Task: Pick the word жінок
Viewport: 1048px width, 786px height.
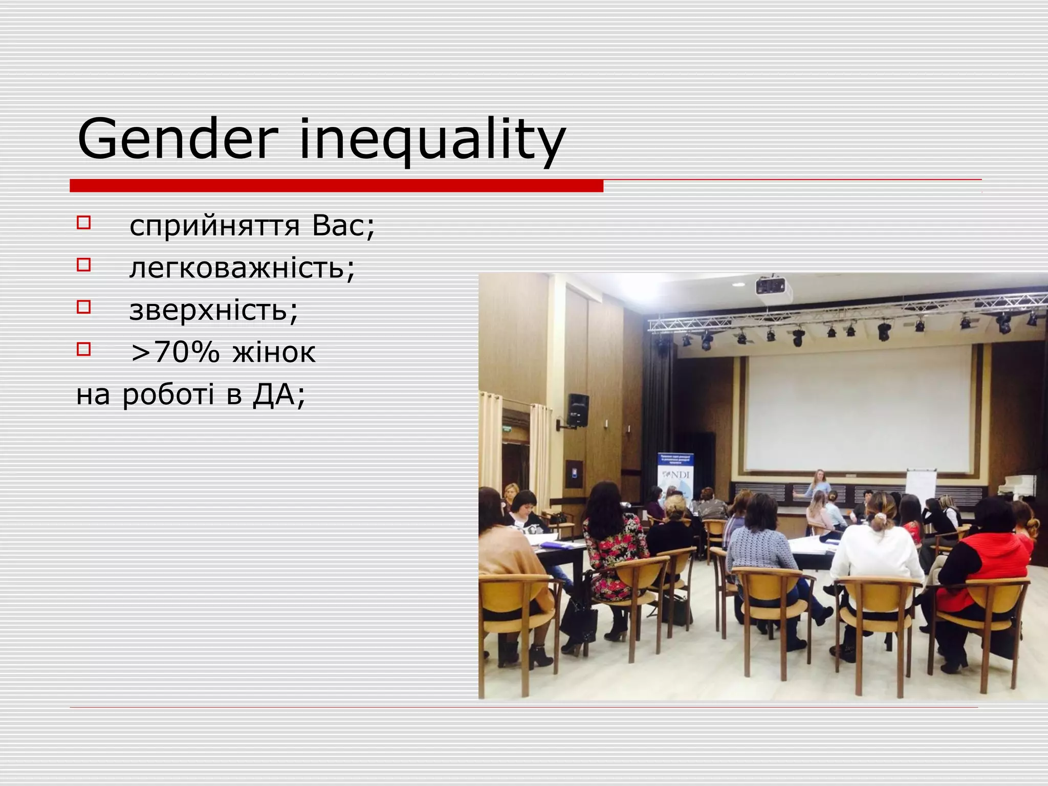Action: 274,353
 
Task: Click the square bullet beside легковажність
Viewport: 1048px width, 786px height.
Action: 83,265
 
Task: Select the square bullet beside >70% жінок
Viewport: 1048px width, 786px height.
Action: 83,350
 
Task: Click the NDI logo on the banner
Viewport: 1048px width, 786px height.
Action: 676,474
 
